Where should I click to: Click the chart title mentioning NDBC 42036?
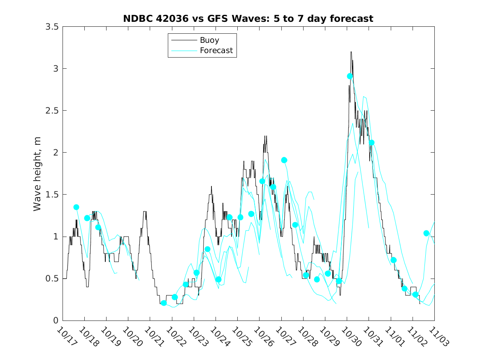[248, 19]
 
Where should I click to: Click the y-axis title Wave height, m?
[37, 173]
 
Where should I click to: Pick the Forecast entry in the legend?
[216, 51]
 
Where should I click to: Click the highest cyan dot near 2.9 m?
[350, 76]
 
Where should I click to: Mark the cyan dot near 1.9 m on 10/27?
[284, 160]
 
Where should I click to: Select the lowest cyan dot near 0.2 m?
[164, 303]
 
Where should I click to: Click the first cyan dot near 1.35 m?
[76, 207]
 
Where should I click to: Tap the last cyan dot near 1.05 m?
[427, 233]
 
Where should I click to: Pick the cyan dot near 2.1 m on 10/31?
[372, 143]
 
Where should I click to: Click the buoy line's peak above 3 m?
[351, 52]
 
